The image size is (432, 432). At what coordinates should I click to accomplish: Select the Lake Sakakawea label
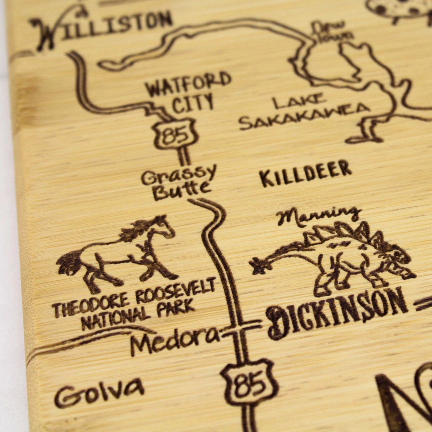tap(304, 111)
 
